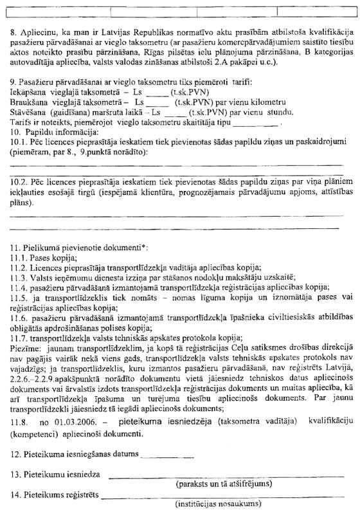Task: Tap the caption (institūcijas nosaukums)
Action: [x=222, y=505]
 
